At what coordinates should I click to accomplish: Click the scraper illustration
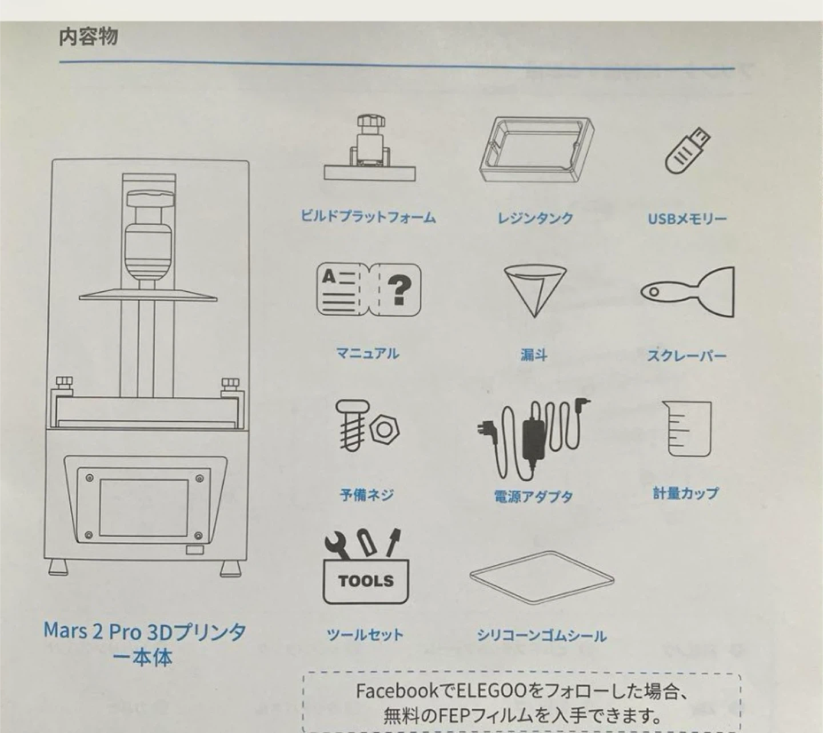[x=688, y=292]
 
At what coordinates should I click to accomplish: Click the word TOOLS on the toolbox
[x=366, y=581]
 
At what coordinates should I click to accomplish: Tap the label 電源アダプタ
[x=533, y=496]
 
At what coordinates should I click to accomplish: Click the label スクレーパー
[x=687, y=356]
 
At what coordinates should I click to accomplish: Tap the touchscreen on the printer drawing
[x=144, y=508]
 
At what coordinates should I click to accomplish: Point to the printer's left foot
[x=58, y=568]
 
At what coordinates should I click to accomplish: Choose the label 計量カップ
[x=686, y=493]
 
